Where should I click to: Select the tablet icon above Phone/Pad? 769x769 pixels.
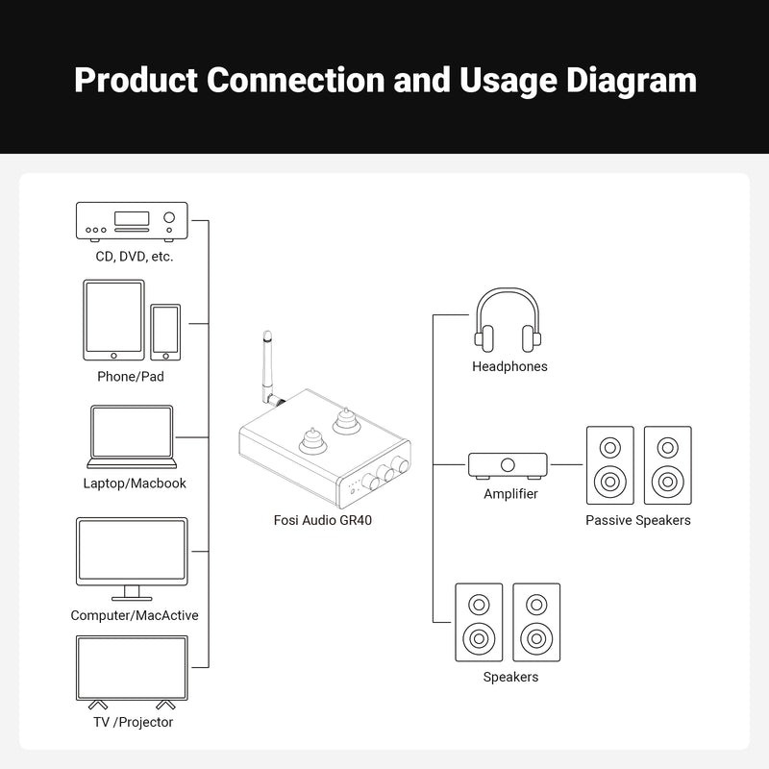click(113, 318)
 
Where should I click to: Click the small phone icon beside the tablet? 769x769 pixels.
click(165, 332)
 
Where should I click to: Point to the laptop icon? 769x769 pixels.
click(131, 435)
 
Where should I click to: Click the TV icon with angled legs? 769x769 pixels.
click(131, 671)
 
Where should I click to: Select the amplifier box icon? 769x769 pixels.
click(508, 466)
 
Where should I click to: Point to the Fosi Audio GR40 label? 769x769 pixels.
click(322, 521)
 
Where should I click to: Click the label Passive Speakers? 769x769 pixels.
click(638, 520)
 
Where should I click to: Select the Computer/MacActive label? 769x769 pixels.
click(135, 615)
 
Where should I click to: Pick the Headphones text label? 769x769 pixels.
click(509, 366)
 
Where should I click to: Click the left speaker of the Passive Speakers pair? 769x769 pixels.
click(610, 465)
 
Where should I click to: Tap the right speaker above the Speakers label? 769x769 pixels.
click(536, 622)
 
